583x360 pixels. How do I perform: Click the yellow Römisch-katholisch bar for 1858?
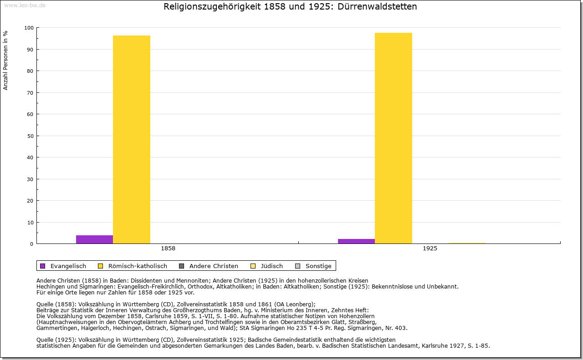pos(132,139)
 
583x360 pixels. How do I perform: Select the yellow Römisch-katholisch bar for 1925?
pos(394,138)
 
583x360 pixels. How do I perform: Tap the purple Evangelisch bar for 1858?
pos(94,239)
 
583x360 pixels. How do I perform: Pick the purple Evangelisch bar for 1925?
pos(356,241)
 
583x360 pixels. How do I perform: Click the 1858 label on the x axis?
pos(168,248)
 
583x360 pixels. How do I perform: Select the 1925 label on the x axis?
pos(430,248)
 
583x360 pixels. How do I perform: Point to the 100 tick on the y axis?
pos(29,28)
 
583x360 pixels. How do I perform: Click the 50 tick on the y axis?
pos(31,136)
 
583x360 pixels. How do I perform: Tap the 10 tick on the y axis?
pos(31,223)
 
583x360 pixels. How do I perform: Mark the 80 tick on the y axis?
pos(31,71)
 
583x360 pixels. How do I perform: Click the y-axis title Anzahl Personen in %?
pos(5,60)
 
